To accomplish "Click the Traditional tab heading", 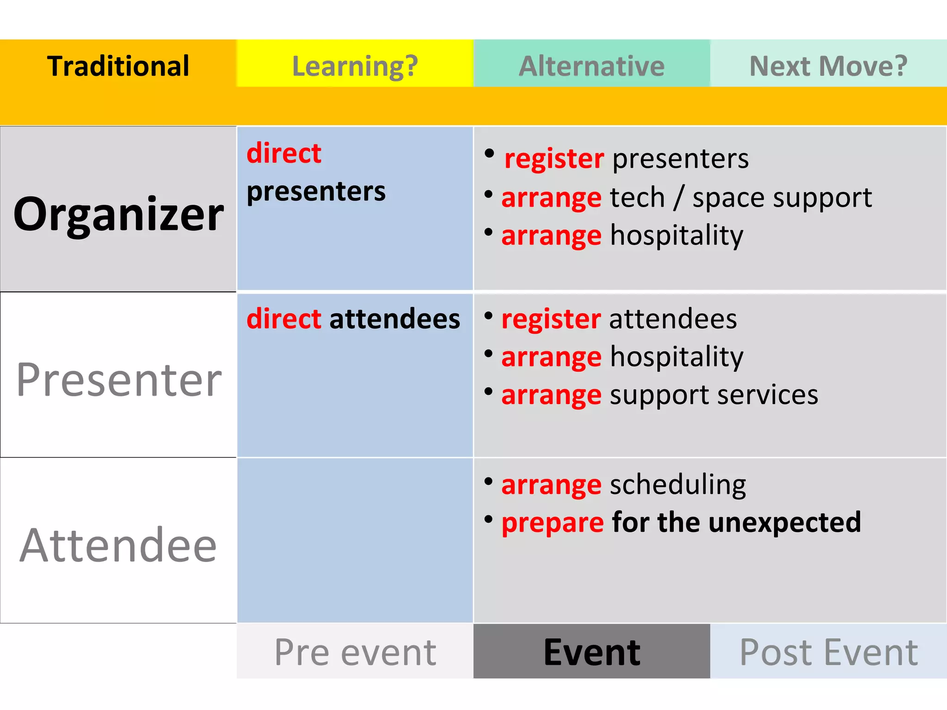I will [x=118, y=66].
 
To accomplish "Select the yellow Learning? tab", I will [x=355, y=66].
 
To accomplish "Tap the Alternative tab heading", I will [x=591, y=66].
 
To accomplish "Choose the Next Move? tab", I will [x=828, y=66].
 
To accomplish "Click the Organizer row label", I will [x=118, y=214].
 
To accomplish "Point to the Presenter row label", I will [x=119, y=380].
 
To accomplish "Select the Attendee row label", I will [x=118, y=545].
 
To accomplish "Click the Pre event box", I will [x=355, y=652].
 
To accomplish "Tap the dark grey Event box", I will [x=591, y=652].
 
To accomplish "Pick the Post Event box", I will [x=828, y=652].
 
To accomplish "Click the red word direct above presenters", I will [x=284, y=153].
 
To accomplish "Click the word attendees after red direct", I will [x=394, y=319].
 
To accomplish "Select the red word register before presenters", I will [x=554, y=159].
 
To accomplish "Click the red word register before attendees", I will [x=551, y=319].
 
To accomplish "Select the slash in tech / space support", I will [x=678, y=198].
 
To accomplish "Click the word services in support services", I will [x=768, y=395].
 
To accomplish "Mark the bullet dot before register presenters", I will [x=489, y=154].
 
